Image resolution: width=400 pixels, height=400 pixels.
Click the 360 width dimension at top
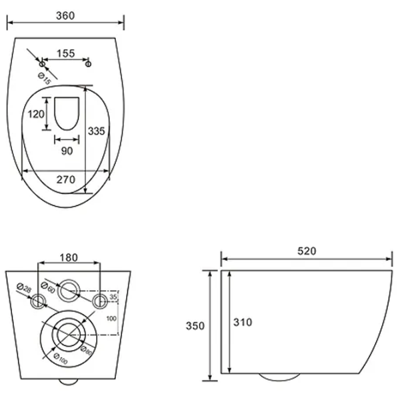65,16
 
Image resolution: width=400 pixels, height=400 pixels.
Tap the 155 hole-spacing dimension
66,53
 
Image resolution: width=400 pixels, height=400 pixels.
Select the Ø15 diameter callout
45,79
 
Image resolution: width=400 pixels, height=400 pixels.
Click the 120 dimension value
36,114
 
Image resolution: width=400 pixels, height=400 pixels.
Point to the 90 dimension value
67,151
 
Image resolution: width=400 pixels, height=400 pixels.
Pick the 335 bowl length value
97,131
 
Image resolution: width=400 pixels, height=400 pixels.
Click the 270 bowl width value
66,179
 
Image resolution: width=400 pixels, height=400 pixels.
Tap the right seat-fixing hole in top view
88,63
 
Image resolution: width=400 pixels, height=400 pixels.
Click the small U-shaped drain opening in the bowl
67,113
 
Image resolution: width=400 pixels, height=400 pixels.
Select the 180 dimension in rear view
69,257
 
